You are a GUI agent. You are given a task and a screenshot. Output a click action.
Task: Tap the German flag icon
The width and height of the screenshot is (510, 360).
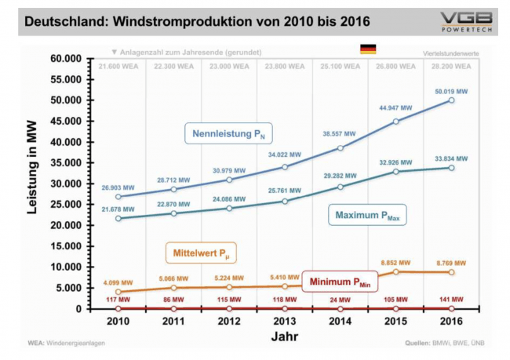pyautogui.click(x=368, y=49)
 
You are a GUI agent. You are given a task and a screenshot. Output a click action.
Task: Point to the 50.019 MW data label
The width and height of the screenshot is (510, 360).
pyautogui.click(x=451, y=92)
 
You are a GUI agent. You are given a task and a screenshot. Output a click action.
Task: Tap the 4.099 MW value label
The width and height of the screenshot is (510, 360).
pyautogui.click(x=117, y=282)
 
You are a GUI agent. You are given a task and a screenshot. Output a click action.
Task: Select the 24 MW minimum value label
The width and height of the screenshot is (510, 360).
pyautogui.click(x=340, y=300)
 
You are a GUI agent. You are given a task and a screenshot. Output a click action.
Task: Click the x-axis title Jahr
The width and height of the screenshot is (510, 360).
pyautogui.click(x=284, y=336)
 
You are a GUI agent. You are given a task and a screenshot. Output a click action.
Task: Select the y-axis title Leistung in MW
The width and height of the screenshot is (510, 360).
pyautogui.click(x=34, y=184)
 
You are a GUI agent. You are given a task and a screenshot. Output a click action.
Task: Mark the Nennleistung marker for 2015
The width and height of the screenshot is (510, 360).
pyautogui.click(x=395, y=122)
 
